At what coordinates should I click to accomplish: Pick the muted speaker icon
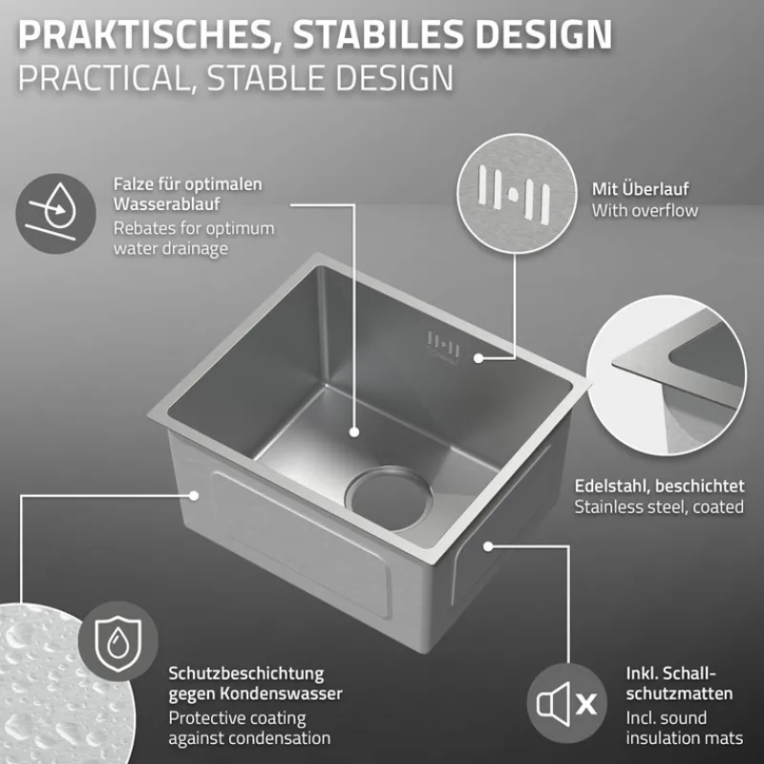[566, 704]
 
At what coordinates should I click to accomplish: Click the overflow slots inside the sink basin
[443, 344]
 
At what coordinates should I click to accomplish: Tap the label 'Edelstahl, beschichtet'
[659, 485]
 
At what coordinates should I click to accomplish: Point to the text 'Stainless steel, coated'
[659, 507]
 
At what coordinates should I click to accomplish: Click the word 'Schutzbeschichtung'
[245, 673]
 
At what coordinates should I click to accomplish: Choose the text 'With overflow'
[645, 210]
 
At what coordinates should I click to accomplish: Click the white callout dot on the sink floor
[353, 433]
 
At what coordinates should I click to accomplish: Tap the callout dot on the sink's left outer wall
[195, 496]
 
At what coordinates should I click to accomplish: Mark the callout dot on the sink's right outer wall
[487, 545]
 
